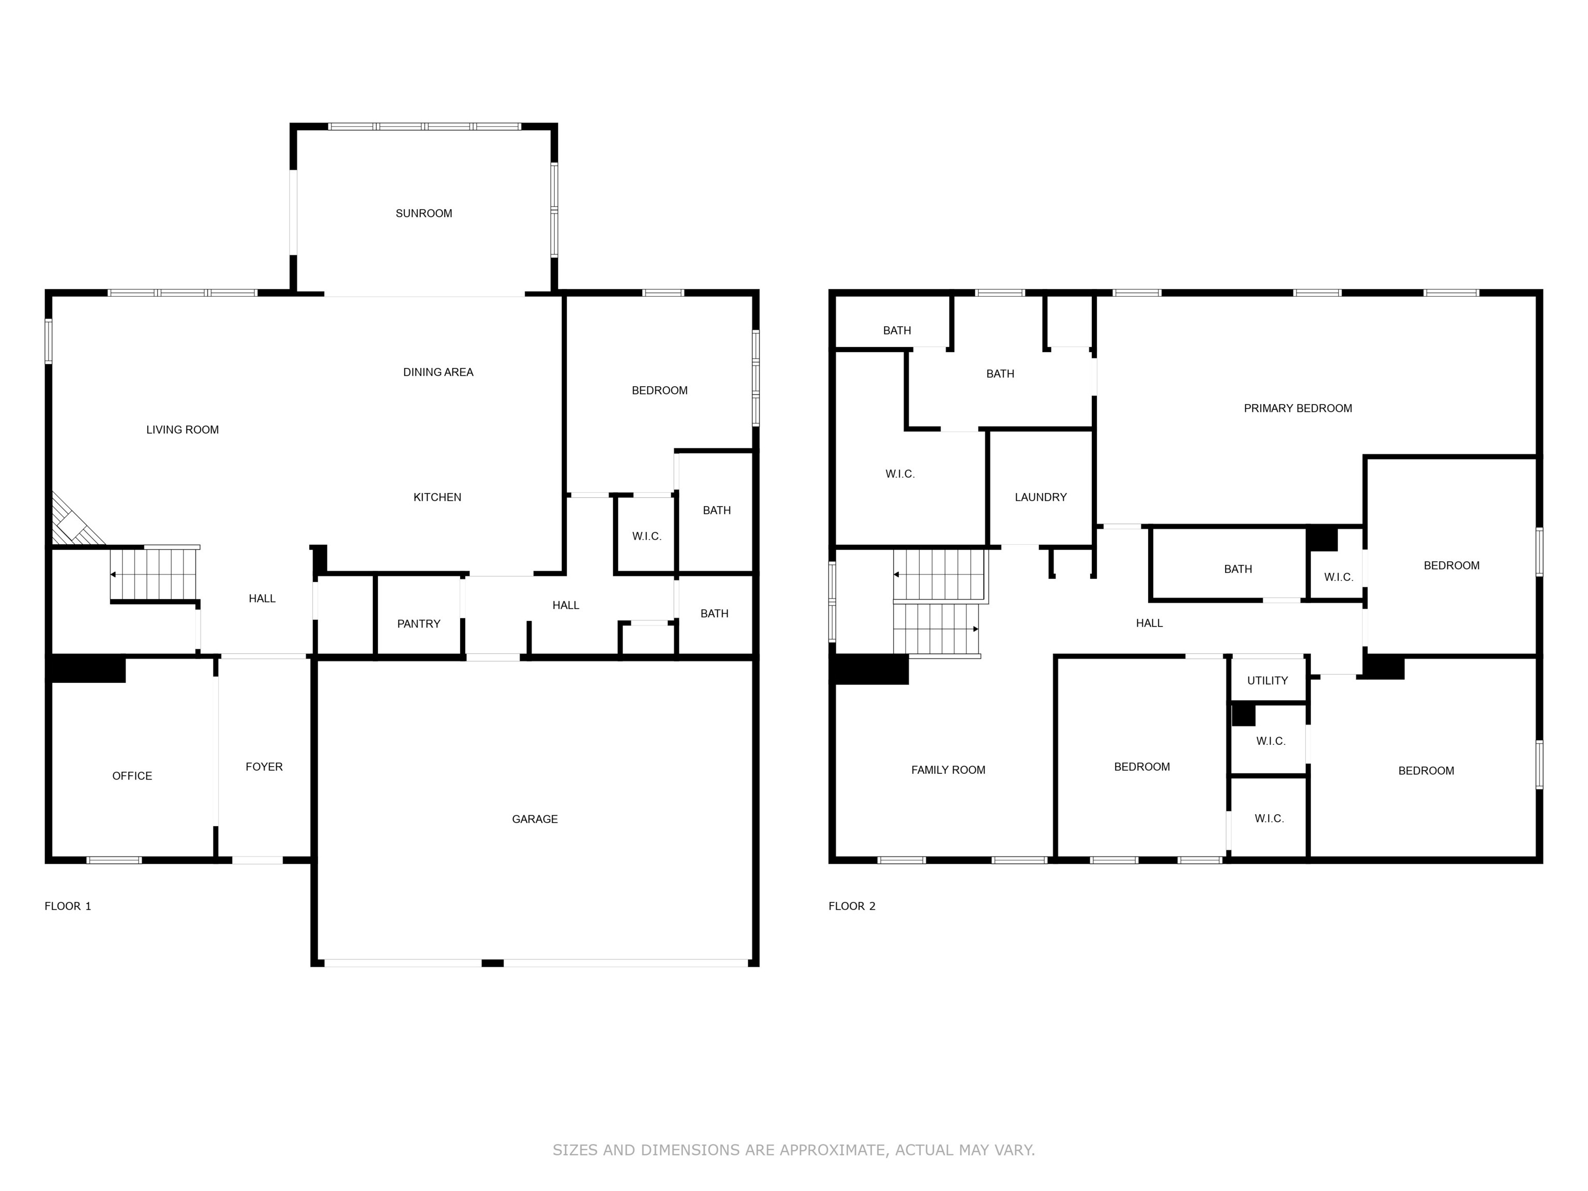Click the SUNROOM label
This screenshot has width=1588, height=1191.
[x=423, y=213]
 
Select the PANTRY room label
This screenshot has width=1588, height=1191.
[x=419, y=624]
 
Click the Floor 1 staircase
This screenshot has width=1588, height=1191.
[x=154, y=574]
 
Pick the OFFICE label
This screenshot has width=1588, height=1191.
[x=132, y=776]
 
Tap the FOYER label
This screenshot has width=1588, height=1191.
[x=264, y=767]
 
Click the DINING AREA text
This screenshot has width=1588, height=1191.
[x=438, y=372]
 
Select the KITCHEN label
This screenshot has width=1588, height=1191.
[x=437, y=497]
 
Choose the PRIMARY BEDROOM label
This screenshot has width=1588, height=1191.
[x=1297, y=408]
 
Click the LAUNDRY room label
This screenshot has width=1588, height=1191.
[x=1040, y=497]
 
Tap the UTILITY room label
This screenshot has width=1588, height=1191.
[x=1267, y=681]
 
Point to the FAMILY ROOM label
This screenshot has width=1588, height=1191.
[x=948, y=770]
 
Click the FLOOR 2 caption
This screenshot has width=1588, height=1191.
[x=851, y=906]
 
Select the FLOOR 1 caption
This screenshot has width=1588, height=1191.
[x=68, y=906]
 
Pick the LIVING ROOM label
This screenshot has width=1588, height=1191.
[x=182, y=429]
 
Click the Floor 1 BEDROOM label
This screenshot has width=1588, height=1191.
[x=659, y=391]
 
